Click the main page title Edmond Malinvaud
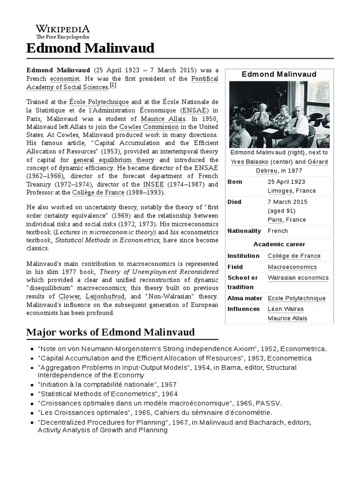(x=90, y=48)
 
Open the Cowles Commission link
(x=149, y=127)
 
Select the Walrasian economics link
(x=298, y=277)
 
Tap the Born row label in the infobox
(x=234, y=181)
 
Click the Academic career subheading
(x=279, y=244)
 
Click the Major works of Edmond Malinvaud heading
(x=110, y=333)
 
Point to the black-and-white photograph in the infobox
(x=279, y=115)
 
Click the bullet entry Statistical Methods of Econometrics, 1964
(x=108, y=394)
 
